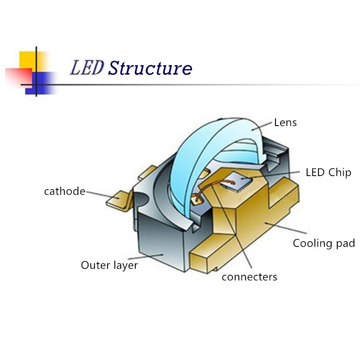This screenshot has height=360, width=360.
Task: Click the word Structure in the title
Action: point(150,68)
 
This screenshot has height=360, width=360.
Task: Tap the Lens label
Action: point(285,122)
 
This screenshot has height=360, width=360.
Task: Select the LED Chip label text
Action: point(328,173)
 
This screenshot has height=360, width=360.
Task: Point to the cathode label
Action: point(64,191)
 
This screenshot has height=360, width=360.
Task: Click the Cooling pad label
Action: point(324,243)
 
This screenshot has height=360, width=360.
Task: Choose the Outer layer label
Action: point(109,266)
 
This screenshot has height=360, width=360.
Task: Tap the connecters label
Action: point(249,277)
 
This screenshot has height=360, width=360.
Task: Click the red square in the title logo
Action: point(19,77)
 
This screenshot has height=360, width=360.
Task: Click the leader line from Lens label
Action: point(262,126)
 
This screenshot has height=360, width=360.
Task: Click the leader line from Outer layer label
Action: point(144,257)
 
